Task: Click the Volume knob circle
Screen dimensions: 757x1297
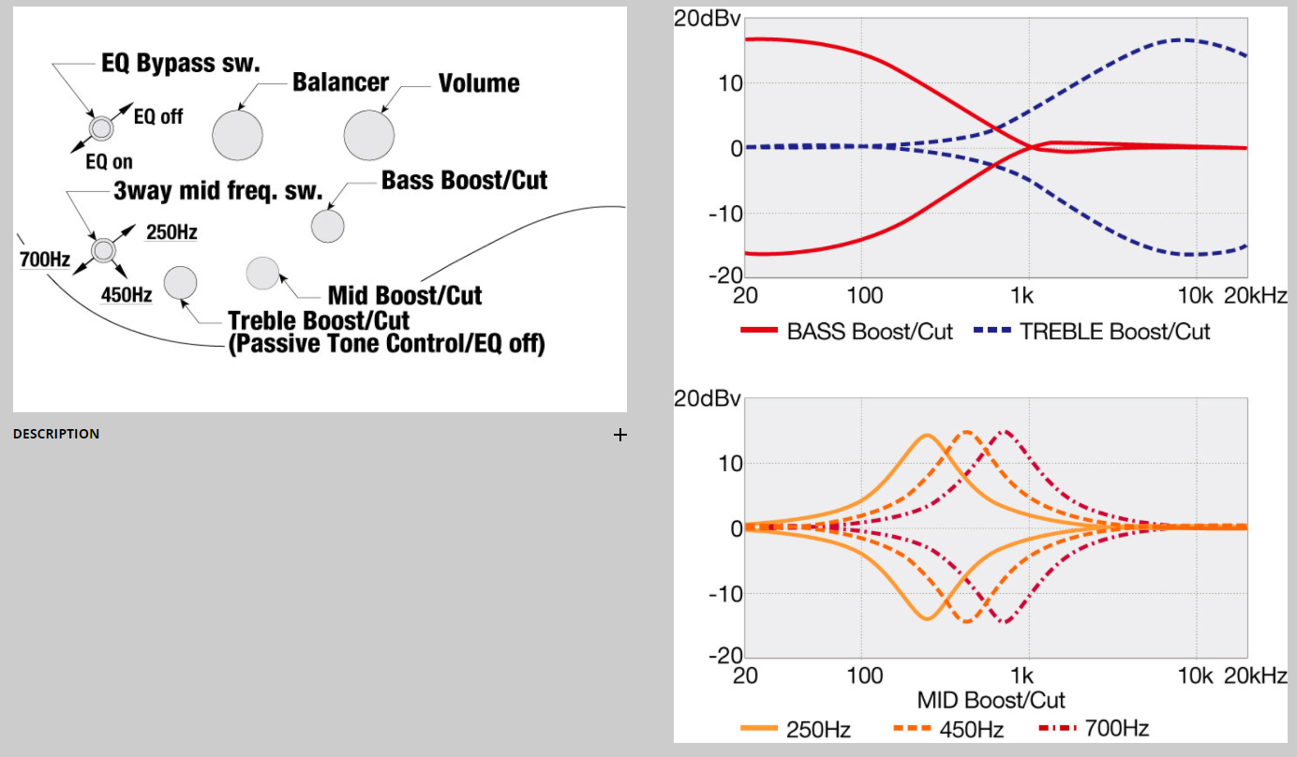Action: click(369, 135)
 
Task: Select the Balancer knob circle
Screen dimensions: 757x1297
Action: click(238, 135)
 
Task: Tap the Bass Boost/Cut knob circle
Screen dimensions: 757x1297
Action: click(328, 226)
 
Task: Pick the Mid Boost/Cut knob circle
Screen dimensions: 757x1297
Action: click(262, 272)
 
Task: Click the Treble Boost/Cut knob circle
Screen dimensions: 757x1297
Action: click(180, 282)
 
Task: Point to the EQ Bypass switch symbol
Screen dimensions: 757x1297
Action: click(100, 127)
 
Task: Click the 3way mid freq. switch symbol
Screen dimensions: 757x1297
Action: click(103, 249)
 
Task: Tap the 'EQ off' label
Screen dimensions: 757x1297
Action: click(158, 117)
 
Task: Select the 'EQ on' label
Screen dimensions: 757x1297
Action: click(109, 162)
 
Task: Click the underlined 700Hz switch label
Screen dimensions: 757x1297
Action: click(45, 260)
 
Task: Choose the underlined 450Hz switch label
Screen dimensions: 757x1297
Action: click(127, 294)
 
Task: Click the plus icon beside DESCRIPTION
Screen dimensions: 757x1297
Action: click(619, 434)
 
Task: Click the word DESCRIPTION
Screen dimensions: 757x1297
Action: click(56, 434)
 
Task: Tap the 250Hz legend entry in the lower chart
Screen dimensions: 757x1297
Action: click(796, 728)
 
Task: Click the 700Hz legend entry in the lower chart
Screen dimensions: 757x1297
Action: click(1095, 728)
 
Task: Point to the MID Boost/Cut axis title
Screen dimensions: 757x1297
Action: click(991, 700)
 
